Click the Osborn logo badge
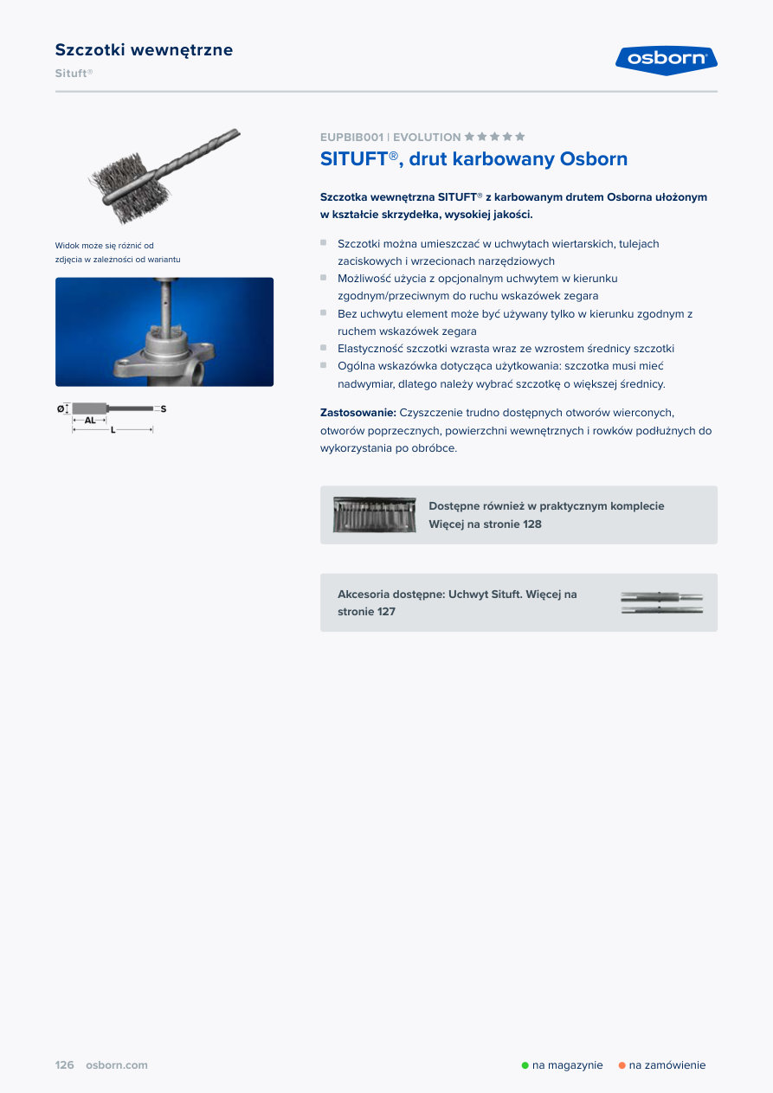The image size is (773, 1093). tap(666, 60)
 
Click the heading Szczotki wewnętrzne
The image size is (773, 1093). tap(144, 50)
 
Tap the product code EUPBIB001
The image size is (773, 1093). tap(351, 138)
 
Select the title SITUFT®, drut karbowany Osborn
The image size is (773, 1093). tap(473, 159)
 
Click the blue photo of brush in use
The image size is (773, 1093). tap(164, 331)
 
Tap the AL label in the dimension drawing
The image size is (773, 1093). tap(90, 420)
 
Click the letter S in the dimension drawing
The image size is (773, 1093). tap(163, 408)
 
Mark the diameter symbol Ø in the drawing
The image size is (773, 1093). tap(61, 408)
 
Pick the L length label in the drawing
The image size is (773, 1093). tap(113, 430)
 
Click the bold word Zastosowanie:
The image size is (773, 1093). tap(358, 413)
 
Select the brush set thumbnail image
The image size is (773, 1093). tap(375, 515)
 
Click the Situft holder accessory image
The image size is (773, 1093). tap(661, 602)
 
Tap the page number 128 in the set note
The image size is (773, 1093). tap(531, 524)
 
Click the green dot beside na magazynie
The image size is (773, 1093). tap(525, 1065)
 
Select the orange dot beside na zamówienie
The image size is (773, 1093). tap(622, 1065)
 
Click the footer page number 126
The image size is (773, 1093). tap(65, 1065)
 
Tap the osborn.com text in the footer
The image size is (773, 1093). tap(117, 1065)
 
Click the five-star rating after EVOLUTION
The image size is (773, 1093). tap(495, 137)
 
